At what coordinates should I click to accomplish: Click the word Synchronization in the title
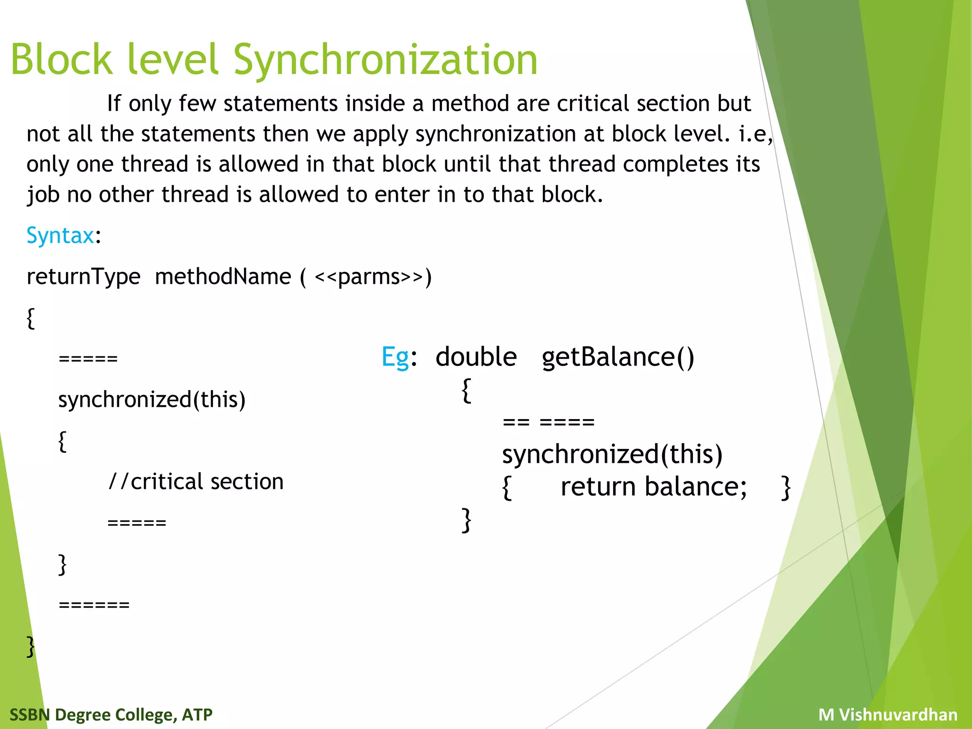385,60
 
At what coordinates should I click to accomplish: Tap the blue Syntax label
60,235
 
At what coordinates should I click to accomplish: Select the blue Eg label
395,357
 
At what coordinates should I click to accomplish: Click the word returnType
84,277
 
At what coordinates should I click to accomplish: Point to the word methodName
223,277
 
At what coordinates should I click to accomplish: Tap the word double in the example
476,357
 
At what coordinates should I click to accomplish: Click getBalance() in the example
617,357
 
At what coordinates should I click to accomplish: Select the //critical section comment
196,482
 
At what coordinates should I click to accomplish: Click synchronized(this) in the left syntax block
152,400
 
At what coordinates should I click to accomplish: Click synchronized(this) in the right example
612,454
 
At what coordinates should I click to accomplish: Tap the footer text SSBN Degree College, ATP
111,714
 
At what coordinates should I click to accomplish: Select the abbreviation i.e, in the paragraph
756,134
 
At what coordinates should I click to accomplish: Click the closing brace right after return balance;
786,488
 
